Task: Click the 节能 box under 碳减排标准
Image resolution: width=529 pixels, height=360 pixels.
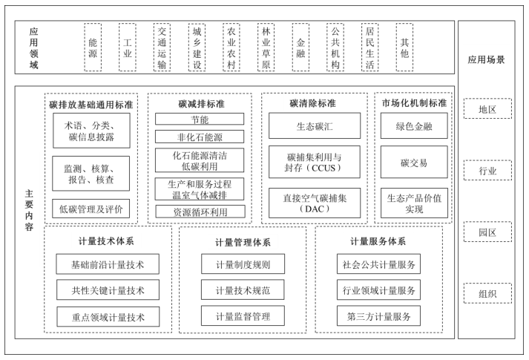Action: pos(199,119)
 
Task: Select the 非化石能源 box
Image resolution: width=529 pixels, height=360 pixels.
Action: pos(199,137)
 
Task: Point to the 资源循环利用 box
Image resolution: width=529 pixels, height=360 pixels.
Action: pos(199,212)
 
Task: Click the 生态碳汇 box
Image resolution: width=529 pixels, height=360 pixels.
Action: pos(314,125)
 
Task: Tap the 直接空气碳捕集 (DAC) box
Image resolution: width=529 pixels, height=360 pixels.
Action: pos(314,203)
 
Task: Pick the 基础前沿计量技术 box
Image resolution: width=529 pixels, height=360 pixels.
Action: pos(108,264)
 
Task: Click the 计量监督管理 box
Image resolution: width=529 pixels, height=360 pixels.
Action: pos(243,316)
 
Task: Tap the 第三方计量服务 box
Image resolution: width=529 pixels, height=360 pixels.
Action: pos(378,316)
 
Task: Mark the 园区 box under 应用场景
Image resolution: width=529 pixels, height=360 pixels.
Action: pos(487,232)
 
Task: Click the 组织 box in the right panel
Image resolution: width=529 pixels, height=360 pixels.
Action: pos(487,293)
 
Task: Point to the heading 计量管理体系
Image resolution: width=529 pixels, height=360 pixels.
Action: pos(243,242)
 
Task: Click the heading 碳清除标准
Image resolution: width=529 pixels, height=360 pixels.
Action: pos(314,102)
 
